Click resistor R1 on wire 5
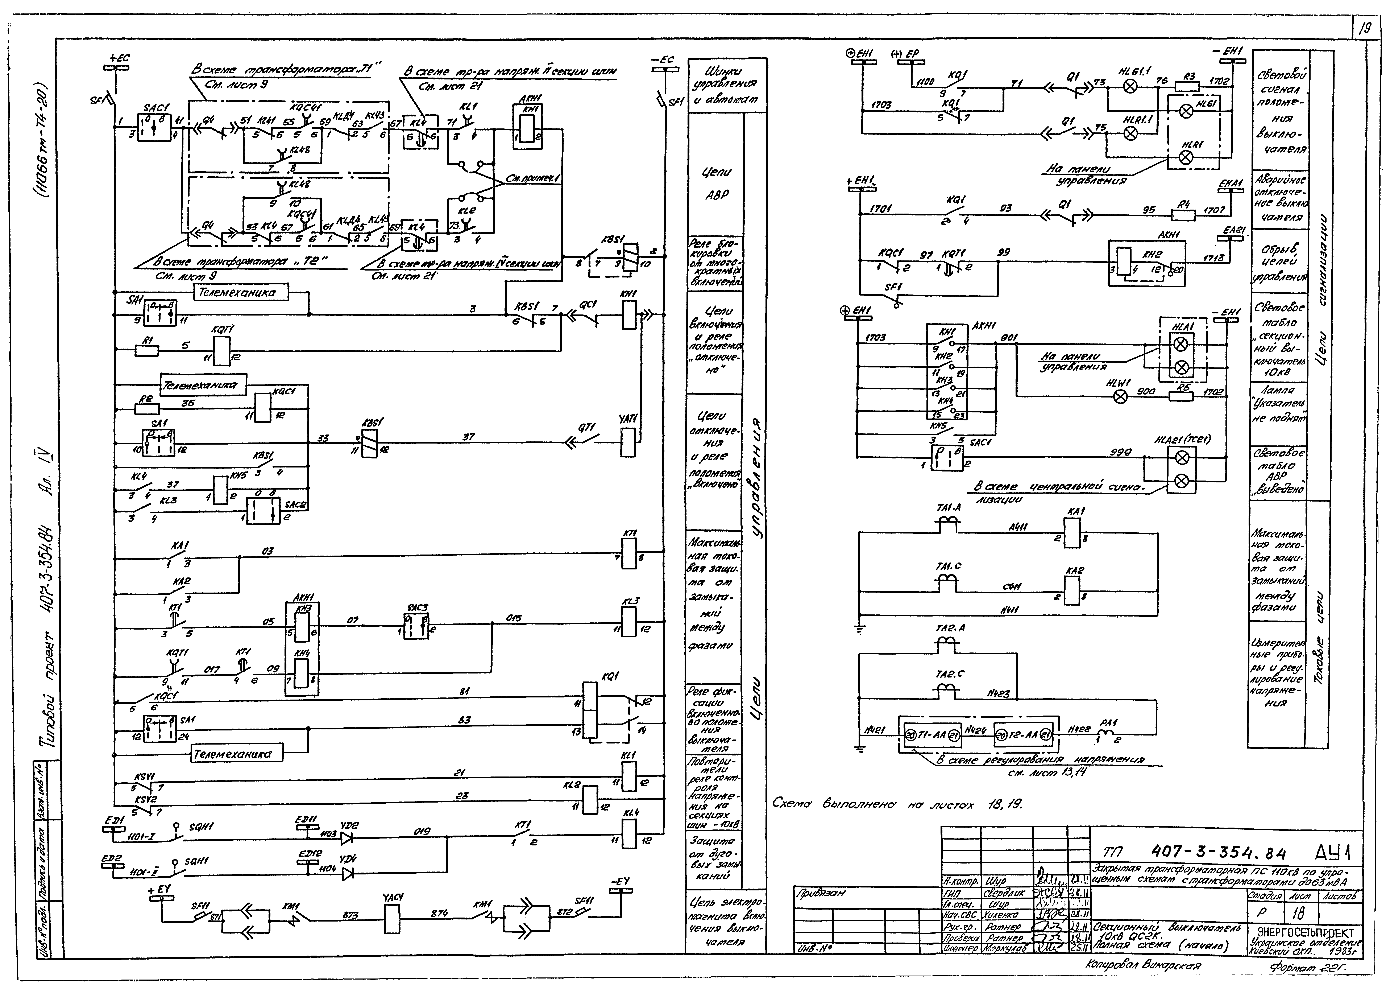146,351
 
